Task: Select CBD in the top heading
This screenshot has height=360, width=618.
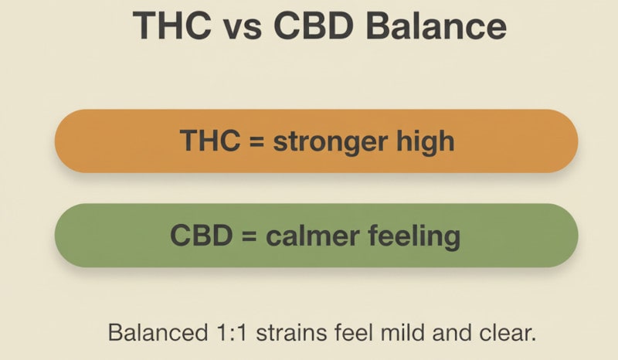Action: click(x=318, y=26)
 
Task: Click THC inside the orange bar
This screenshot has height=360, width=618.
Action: click(x=202, y=141)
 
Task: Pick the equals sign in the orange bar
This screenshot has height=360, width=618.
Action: click(x=251, y=142)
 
